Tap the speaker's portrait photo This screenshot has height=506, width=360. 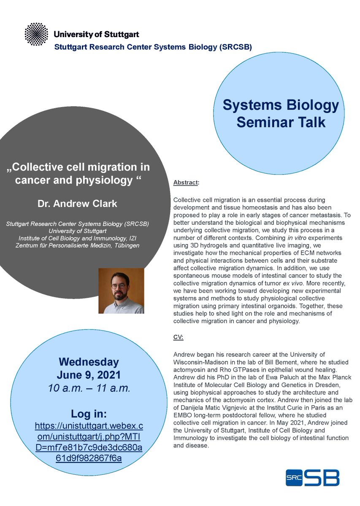pyautogui.click(x=121, y=291)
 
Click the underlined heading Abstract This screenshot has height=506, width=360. pyautogui.click(x=186, y=183)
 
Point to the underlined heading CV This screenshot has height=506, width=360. pyautogui.click(x=179, y=337)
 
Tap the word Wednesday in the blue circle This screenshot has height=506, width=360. pyautogui.click(x=89, y=362)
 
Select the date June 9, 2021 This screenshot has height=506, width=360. pyautogui.click(x=89, y=374)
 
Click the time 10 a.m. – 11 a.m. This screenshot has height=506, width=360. pyautogui.click(x=89, y=387)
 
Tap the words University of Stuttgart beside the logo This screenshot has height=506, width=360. pyautogui.click(x=96, y=34)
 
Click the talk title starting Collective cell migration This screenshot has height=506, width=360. pyautogui.click(x=79, y=173)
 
